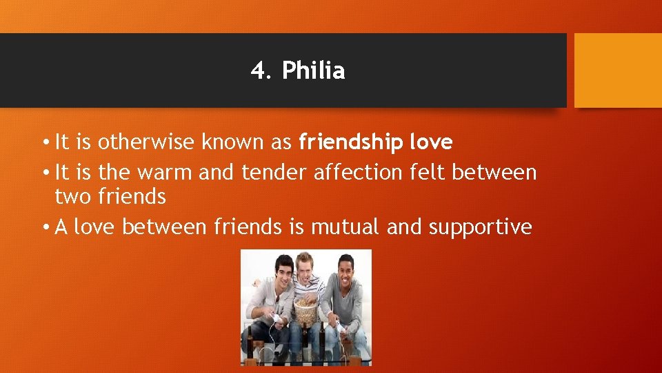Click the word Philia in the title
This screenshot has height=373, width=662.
click(x=314, y=70)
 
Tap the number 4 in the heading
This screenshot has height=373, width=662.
click(x=257, y=70)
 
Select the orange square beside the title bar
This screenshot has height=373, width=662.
click(x=618, y=70)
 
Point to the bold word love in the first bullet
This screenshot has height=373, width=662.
click(x=431, y=142)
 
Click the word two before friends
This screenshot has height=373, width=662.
click(x=73, y=197)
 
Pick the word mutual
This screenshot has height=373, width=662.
click(x=346, y=227)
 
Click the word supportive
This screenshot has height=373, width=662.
click(x=481, y=227)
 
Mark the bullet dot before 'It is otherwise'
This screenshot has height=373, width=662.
click(x=44, y=143)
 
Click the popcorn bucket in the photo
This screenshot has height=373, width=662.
click(x=305, y=309)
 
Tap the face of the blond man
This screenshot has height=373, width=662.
click(x=304, y=269)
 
